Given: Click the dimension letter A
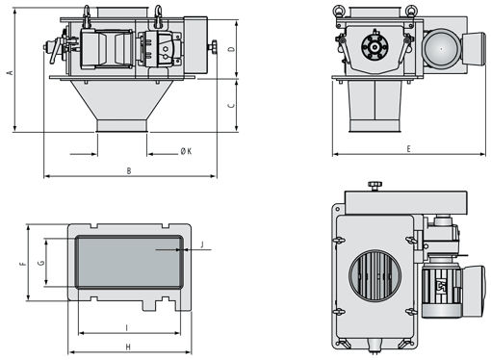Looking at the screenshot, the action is [x=11, y=72].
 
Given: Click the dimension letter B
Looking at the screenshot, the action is [x=129, y=170].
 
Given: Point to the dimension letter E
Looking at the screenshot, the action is [x=408, y=149].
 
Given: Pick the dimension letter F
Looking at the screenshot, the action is [x=22, y=264].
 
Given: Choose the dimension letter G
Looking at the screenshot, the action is [x=41, y=263].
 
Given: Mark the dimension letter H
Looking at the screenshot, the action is [x=128, y=347].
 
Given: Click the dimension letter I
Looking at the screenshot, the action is [x=127, y=328].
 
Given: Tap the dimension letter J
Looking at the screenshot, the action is [x=202, y=244].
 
